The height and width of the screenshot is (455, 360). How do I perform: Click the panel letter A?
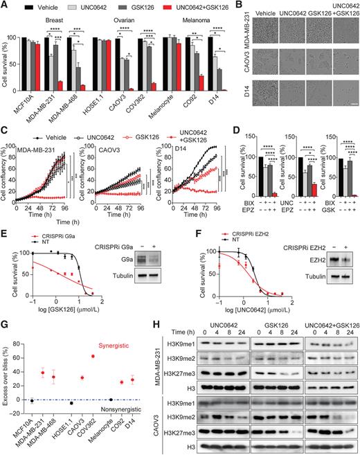(5, 6)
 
